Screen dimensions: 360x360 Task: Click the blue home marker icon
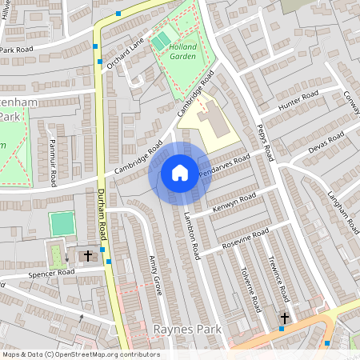180,173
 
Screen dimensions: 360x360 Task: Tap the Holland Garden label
183,50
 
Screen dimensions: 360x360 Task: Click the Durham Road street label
102,217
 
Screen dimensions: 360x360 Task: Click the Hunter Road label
298,101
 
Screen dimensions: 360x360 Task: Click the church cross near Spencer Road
87,255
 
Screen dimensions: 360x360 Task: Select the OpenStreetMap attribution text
81,354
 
